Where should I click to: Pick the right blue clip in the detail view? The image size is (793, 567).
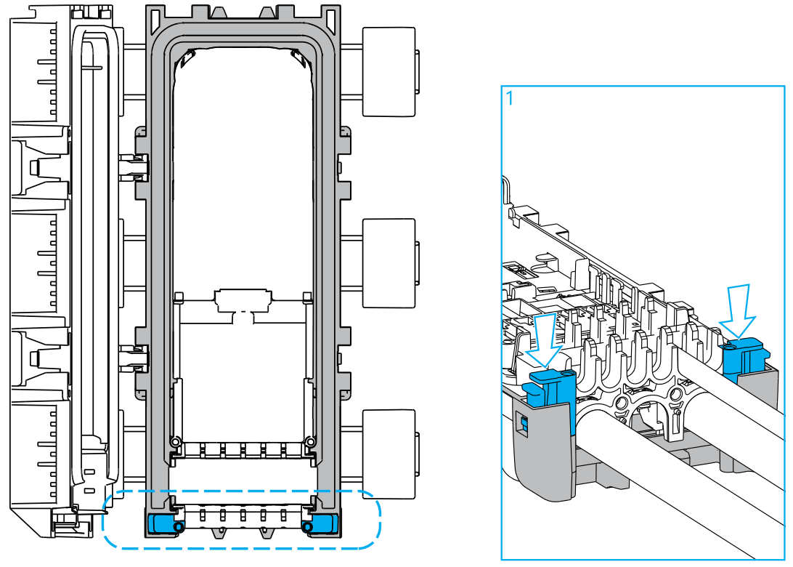tap(743, 355)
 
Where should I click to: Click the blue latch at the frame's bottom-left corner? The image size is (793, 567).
tap(162, 523)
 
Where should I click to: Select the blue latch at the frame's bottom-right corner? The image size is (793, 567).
tap(323, 523)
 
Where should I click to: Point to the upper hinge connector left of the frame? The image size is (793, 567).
tap(134, 166)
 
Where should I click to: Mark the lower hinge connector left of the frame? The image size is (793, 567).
tap(134, 357)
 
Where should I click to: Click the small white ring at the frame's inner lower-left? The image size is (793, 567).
tap(175, 441)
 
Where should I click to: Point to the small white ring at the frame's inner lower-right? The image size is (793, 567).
tap(311, 441)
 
